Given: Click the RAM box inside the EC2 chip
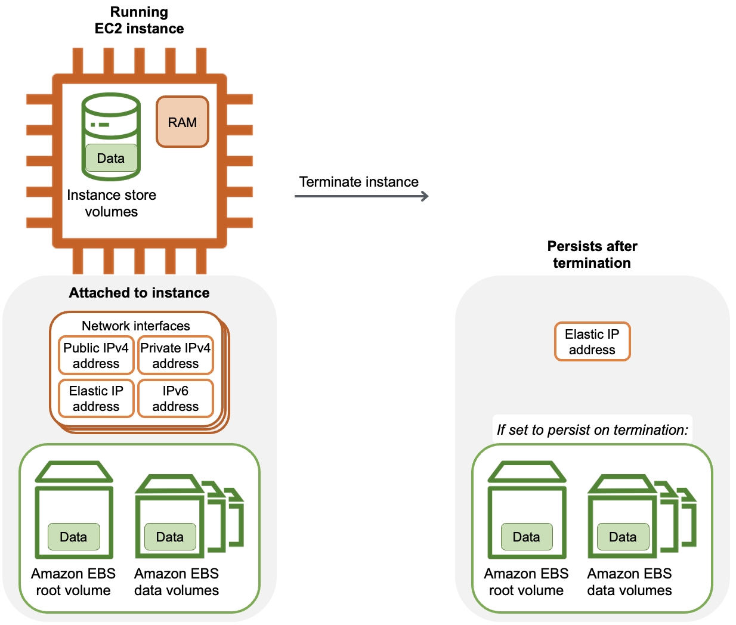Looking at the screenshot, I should point(183,122).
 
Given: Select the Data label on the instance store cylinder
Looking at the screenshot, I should point(111,158).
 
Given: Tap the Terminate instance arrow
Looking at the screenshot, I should point(361,196).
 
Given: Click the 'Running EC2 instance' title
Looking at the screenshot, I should point(139,20).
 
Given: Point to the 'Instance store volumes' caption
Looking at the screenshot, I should point(112,203).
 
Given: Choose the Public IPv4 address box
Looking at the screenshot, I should point(96,355).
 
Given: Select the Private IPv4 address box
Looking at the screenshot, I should point(175,355).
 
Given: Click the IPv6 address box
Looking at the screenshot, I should point(175,398).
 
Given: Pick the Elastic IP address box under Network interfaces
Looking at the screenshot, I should point(96,398).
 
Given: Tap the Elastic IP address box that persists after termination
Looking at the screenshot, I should point(592,342).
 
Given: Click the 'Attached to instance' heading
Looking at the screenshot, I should point(139,293).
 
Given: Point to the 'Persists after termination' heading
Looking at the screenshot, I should point(592,255).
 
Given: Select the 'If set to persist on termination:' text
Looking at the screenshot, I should point(592,430).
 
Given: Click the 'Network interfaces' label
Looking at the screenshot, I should point(136,326).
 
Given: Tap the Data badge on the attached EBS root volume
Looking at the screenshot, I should point(73,537).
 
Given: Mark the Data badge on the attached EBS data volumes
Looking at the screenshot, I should point(170,537).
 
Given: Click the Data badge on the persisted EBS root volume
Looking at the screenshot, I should point(526,537).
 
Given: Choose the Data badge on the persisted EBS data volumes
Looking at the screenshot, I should point(623,537).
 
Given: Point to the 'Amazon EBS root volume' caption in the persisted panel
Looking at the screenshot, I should point(526,582).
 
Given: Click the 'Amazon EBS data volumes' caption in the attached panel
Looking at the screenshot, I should point(177,582).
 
